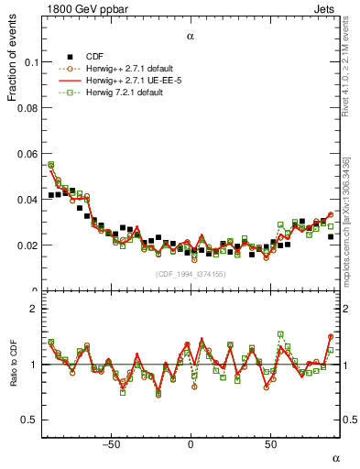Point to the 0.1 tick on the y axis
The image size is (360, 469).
coord(29,62)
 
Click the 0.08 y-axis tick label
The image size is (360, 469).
coord(27,108)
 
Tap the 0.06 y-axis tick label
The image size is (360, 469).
coord(27,154)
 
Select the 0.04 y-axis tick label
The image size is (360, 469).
coord(27,200)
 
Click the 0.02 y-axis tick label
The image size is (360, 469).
coord(27,245)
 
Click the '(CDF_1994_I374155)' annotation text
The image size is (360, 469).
coord(191,275)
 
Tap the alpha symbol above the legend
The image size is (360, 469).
coord(191,37)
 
